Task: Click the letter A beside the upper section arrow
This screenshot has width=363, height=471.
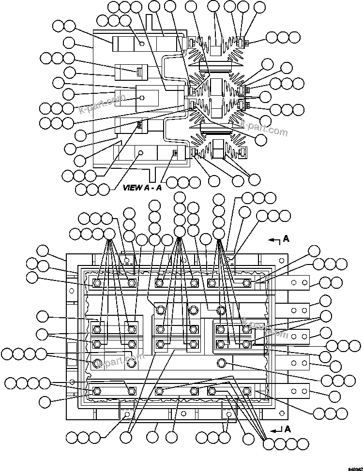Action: pyautogui.click(x=287, y=239)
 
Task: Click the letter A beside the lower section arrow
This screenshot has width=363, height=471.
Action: pyautogui.click(x=288, y=428)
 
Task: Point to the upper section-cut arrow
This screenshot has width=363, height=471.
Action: pyautogui.click(x=274, y=239)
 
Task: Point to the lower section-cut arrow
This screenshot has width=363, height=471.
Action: pyautogui.click(x=276, y=429)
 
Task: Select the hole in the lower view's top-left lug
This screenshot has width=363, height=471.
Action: pyautogui.click(x=126, y=260)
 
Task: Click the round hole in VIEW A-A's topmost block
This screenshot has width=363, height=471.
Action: pyautogui.click(x=142, y=44)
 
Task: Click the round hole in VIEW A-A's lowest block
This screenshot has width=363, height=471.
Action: pyautogui.click(x=141, y=153)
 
